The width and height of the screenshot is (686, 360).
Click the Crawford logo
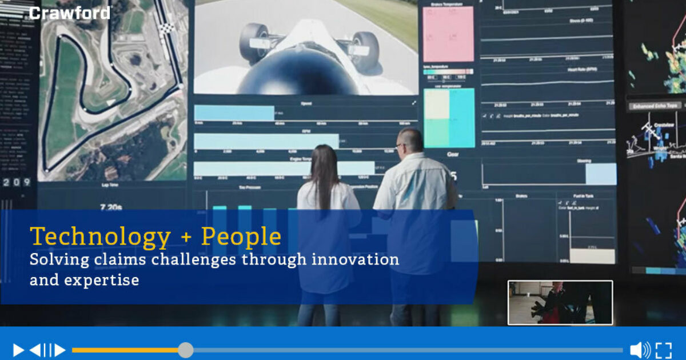[x=70, y=13]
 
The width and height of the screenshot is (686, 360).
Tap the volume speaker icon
[x=639, y=350]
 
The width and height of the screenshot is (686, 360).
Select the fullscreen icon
[x=664, y=350]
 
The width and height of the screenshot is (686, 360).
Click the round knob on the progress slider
[x=185, y=350]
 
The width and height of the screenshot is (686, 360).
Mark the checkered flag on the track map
[x=166, y=28]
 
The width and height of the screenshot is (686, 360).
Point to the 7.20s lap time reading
[x=110, y=206]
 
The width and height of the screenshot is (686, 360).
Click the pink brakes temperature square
[x=448, y=34]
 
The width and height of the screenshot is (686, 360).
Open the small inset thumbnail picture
[x=560, y=302]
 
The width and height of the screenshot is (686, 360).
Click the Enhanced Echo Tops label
[x=655, y=106]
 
